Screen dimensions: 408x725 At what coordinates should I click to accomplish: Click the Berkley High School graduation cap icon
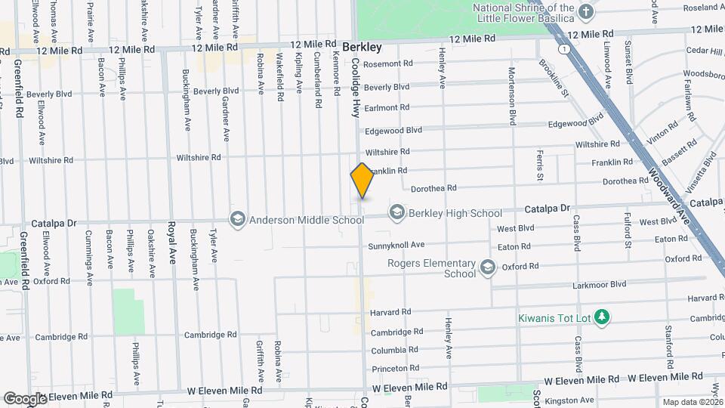coord(396,213)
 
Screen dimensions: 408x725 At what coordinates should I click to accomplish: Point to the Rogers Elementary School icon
coord(488,267)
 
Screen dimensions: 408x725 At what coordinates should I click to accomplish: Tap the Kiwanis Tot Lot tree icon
coord(602,317)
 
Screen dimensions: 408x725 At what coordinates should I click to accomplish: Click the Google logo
coord(25,398)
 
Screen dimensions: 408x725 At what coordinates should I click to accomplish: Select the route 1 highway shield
coord(563,48)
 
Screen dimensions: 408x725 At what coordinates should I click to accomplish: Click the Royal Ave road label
coord(172,242)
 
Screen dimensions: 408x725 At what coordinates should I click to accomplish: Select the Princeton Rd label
coord(390,368)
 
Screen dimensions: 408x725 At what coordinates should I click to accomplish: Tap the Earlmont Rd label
coord(387,107)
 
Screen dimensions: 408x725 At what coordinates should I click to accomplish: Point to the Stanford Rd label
coord(668,342)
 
